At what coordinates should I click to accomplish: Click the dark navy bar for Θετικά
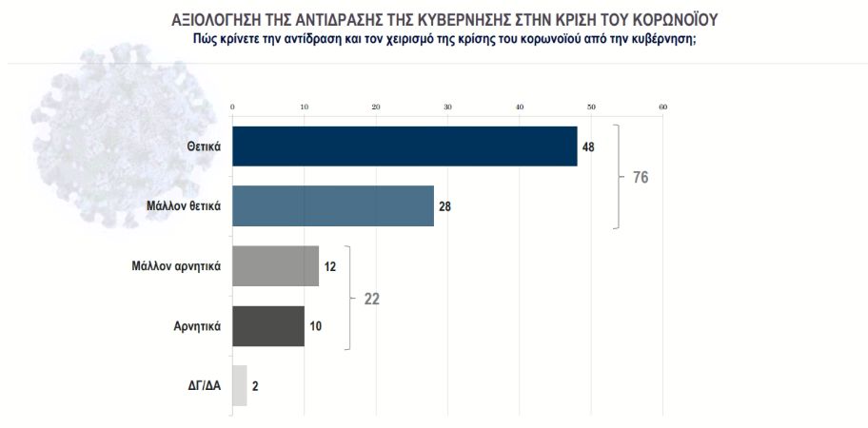tap(404, 146)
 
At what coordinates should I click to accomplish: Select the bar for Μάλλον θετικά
tap(333, 205)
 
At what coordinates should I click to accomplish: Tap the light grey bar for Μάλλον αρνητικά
tap(275, 265)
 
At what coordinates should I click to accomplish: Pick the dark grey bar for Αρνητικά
tap(268, 325)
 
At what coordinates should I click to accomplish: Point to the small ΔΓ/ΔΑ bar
tap(239, 385)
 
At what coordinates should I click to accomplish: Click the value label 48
tap(589, 146)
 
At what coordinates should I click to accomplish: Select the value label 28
tap(445, 206)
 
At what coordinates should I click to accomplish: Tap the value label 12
tap(330, 266)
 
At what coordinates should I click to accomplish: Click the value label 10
tap(316, 326)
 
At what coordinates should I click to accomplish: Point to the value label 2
tap(255, 386)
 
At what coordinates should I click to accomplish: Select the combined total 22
tap(373, 297)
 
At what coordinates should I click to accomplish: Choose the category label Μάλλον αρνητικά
tap(177, 266)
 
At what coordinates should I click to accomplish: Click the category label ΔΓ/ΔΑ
tap(202, 386)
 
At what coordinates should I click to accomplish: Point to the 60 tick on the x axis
tap(662, 106)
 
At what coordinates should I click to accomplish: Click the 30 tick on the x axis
tap(447, 106)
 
